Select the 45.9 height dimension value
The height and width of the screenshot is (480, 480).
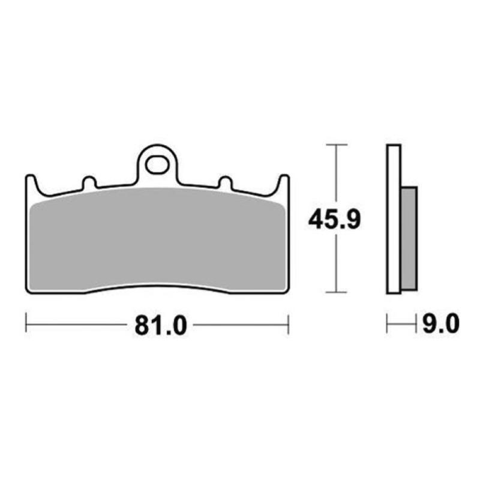[334, 220]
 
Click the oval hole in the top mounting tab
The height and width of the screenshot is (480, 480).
[157, 164]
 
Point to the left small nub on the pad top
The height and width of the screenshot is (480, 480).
[89, 182]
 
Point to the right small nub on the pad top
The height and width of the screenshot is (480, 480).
[225, 182]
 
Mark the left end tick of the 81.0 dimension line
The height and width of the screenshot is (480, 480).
[26, 325]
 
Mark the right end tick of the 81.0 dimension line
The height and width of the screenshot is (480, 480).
[289, 325]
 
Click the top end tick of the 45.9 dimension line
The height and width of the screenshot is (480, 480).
[335, 145]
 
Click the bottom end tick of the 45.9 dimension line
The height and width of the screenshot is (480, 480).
[335, 293]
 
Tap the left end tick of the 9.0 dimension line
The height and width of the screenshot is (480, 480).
[388, 325]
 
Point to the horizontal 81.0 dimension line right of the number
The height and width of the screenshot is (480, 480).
[240, 325]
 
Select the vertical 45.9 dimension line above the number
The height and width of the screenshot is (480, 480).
[335, 177]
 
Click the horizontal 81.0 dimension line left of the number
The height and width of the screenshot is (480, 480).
[78, 325]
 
